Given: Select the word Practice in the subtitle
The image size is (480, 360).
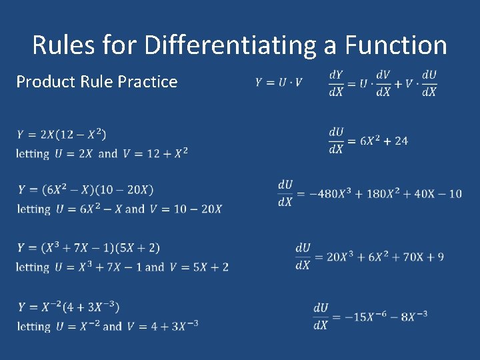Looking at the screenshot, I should click(147, 82).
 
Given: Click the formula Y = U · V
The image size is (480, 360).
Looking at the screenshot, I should click(279, 83).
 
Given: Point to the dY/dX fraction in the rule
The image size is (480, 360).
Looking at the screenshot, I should click(336, 83).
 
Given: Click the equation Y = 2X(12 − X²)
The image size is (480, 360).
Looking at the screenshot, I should click(62, 134).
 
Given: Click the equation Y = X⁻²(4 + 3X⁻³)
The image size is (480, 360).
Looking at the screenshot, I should click(69, 307).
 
